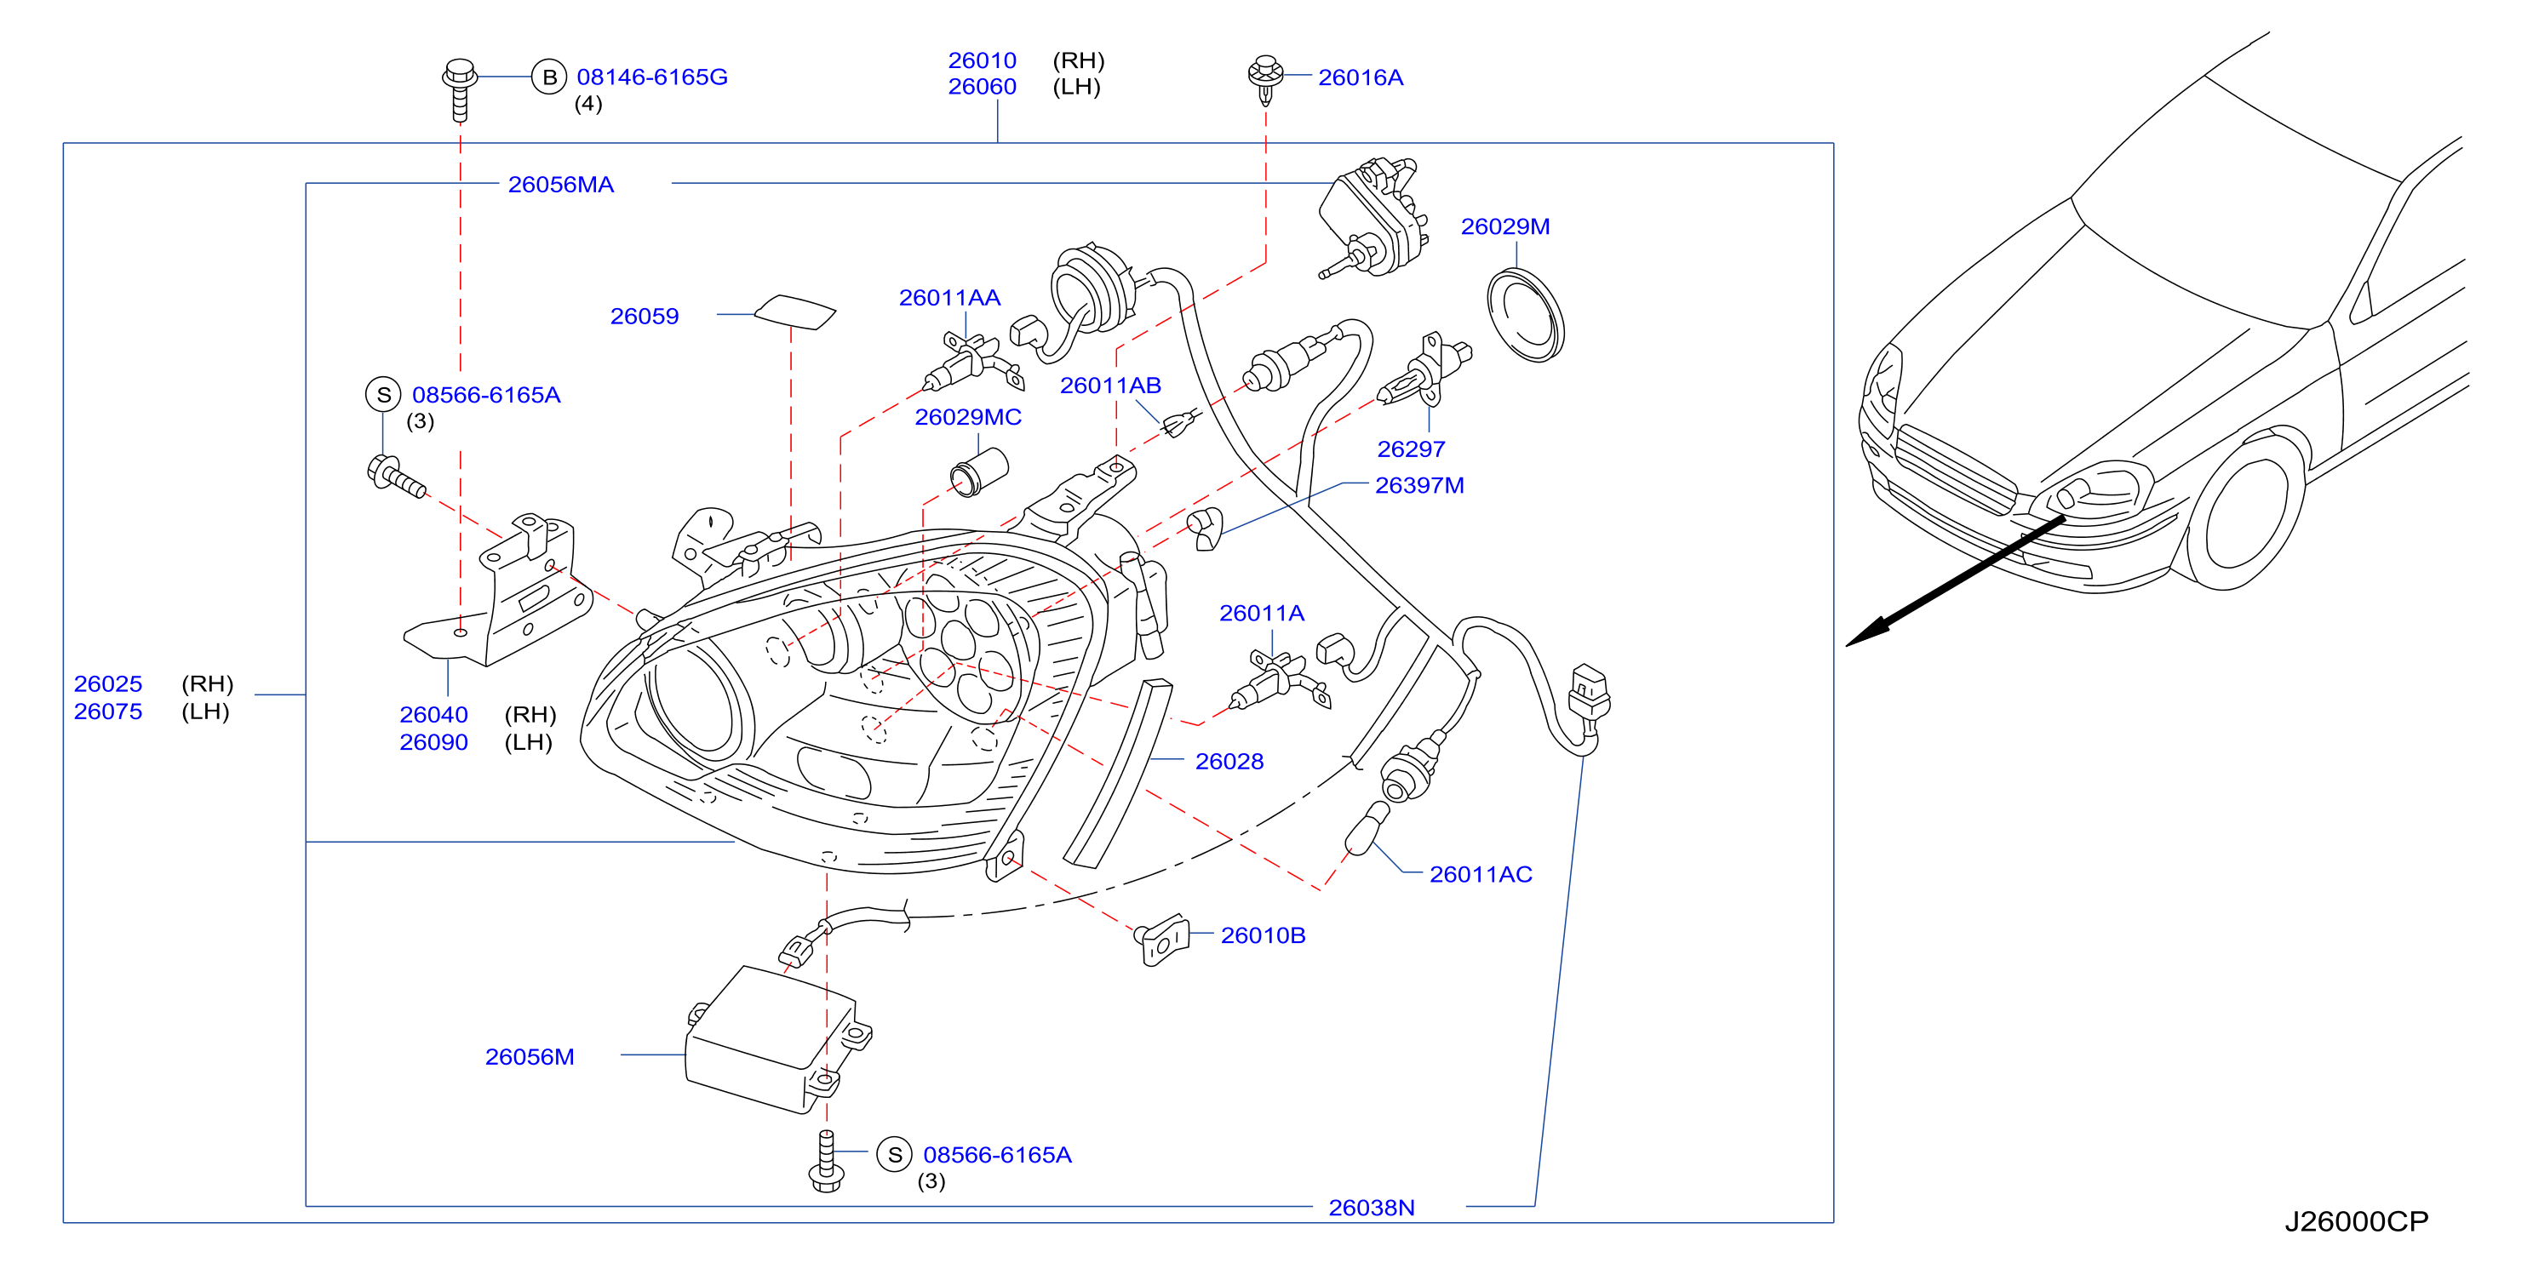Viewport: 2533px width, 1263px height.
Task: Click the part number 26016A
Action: [1360, 77]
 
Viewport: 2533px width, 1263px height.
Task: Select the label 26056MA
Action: [560, 185]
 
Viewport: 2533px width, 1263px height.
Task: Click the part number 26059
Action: [644, 317]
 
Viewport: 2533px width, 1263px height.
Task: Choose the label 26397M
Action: [1419, 486]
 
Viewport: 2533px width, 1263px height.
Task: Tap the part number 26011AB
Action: [1110, 386]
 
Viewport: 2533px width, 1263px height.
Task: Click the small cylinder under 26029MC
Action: [979, 471]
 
